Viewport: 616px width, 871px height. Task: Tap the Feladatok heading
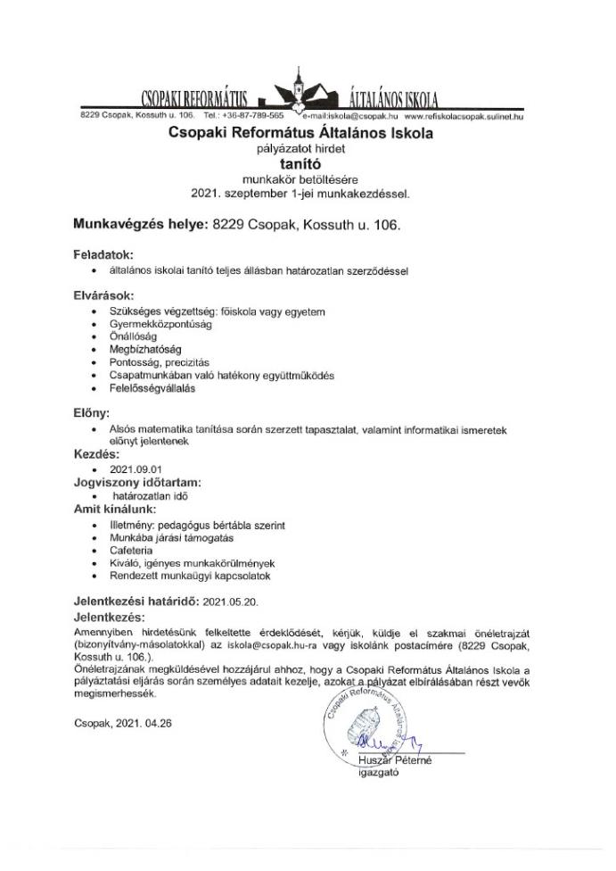103,254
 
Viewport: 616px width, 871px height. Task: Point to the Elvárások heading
104,294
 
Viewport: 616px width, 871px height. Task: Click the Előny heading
92,414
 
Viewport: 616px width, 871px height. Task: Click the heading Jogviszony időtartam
142,482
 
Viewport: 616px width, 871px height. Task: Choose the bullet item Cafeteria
132,552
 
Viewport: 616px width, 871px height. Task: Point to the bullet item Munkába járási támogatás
173,539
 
